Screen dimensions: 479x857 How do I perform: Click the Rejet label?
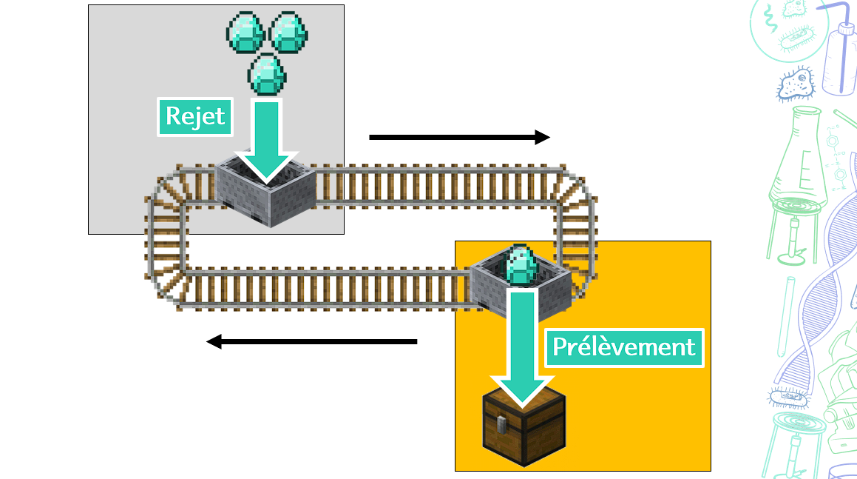coord(195,117)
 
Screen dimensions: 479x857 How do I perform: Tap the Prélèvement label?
coord(624,346)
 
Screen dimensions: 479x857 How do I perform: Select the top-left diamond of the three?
coord(248,31)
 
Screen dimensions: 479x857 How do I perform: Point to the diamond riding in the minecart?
coord(522,265)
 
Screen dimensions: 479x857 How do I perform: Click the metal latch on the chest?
coord(501,424)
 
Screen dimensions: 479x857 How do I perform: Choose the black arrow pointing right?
coord(459,137)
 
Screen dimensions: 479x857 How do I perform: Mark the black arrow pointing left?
coord(311,341)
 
